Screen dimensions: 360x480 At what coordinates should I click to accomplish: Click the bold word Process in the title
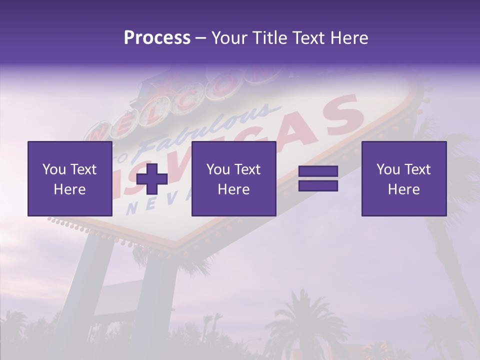click(157, 37)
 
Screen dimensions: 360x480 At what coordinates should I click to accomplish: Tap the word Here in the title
click(348, 37)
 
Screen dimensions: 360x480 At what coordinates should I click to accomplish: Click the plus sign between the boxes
click(152, 178)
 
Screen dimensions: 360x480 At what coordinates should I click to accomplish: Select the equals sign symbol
click(318, 178)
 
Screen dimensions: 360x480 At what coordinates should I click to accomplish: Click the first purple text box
click(70, 178)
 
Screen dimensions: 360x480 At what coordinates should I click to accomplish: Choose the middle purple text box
click(233, 178)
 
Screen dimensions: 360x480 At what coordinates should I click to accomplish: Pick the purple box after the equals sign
click(404, 178)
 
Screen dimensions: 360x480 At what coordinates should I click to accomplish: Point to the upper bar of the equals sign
click(318, 172)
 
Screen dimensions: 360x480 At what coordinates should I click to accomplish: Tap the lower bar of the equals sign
click(318, 185)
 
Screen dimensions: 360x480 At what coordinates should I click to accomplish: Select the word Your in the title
click(229, 37)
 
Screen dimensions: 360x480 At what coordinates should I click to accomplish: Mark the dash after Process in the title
click(201, 38)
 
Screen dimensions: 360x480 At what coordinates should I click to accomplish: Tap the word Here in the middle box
click(233, 189)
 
